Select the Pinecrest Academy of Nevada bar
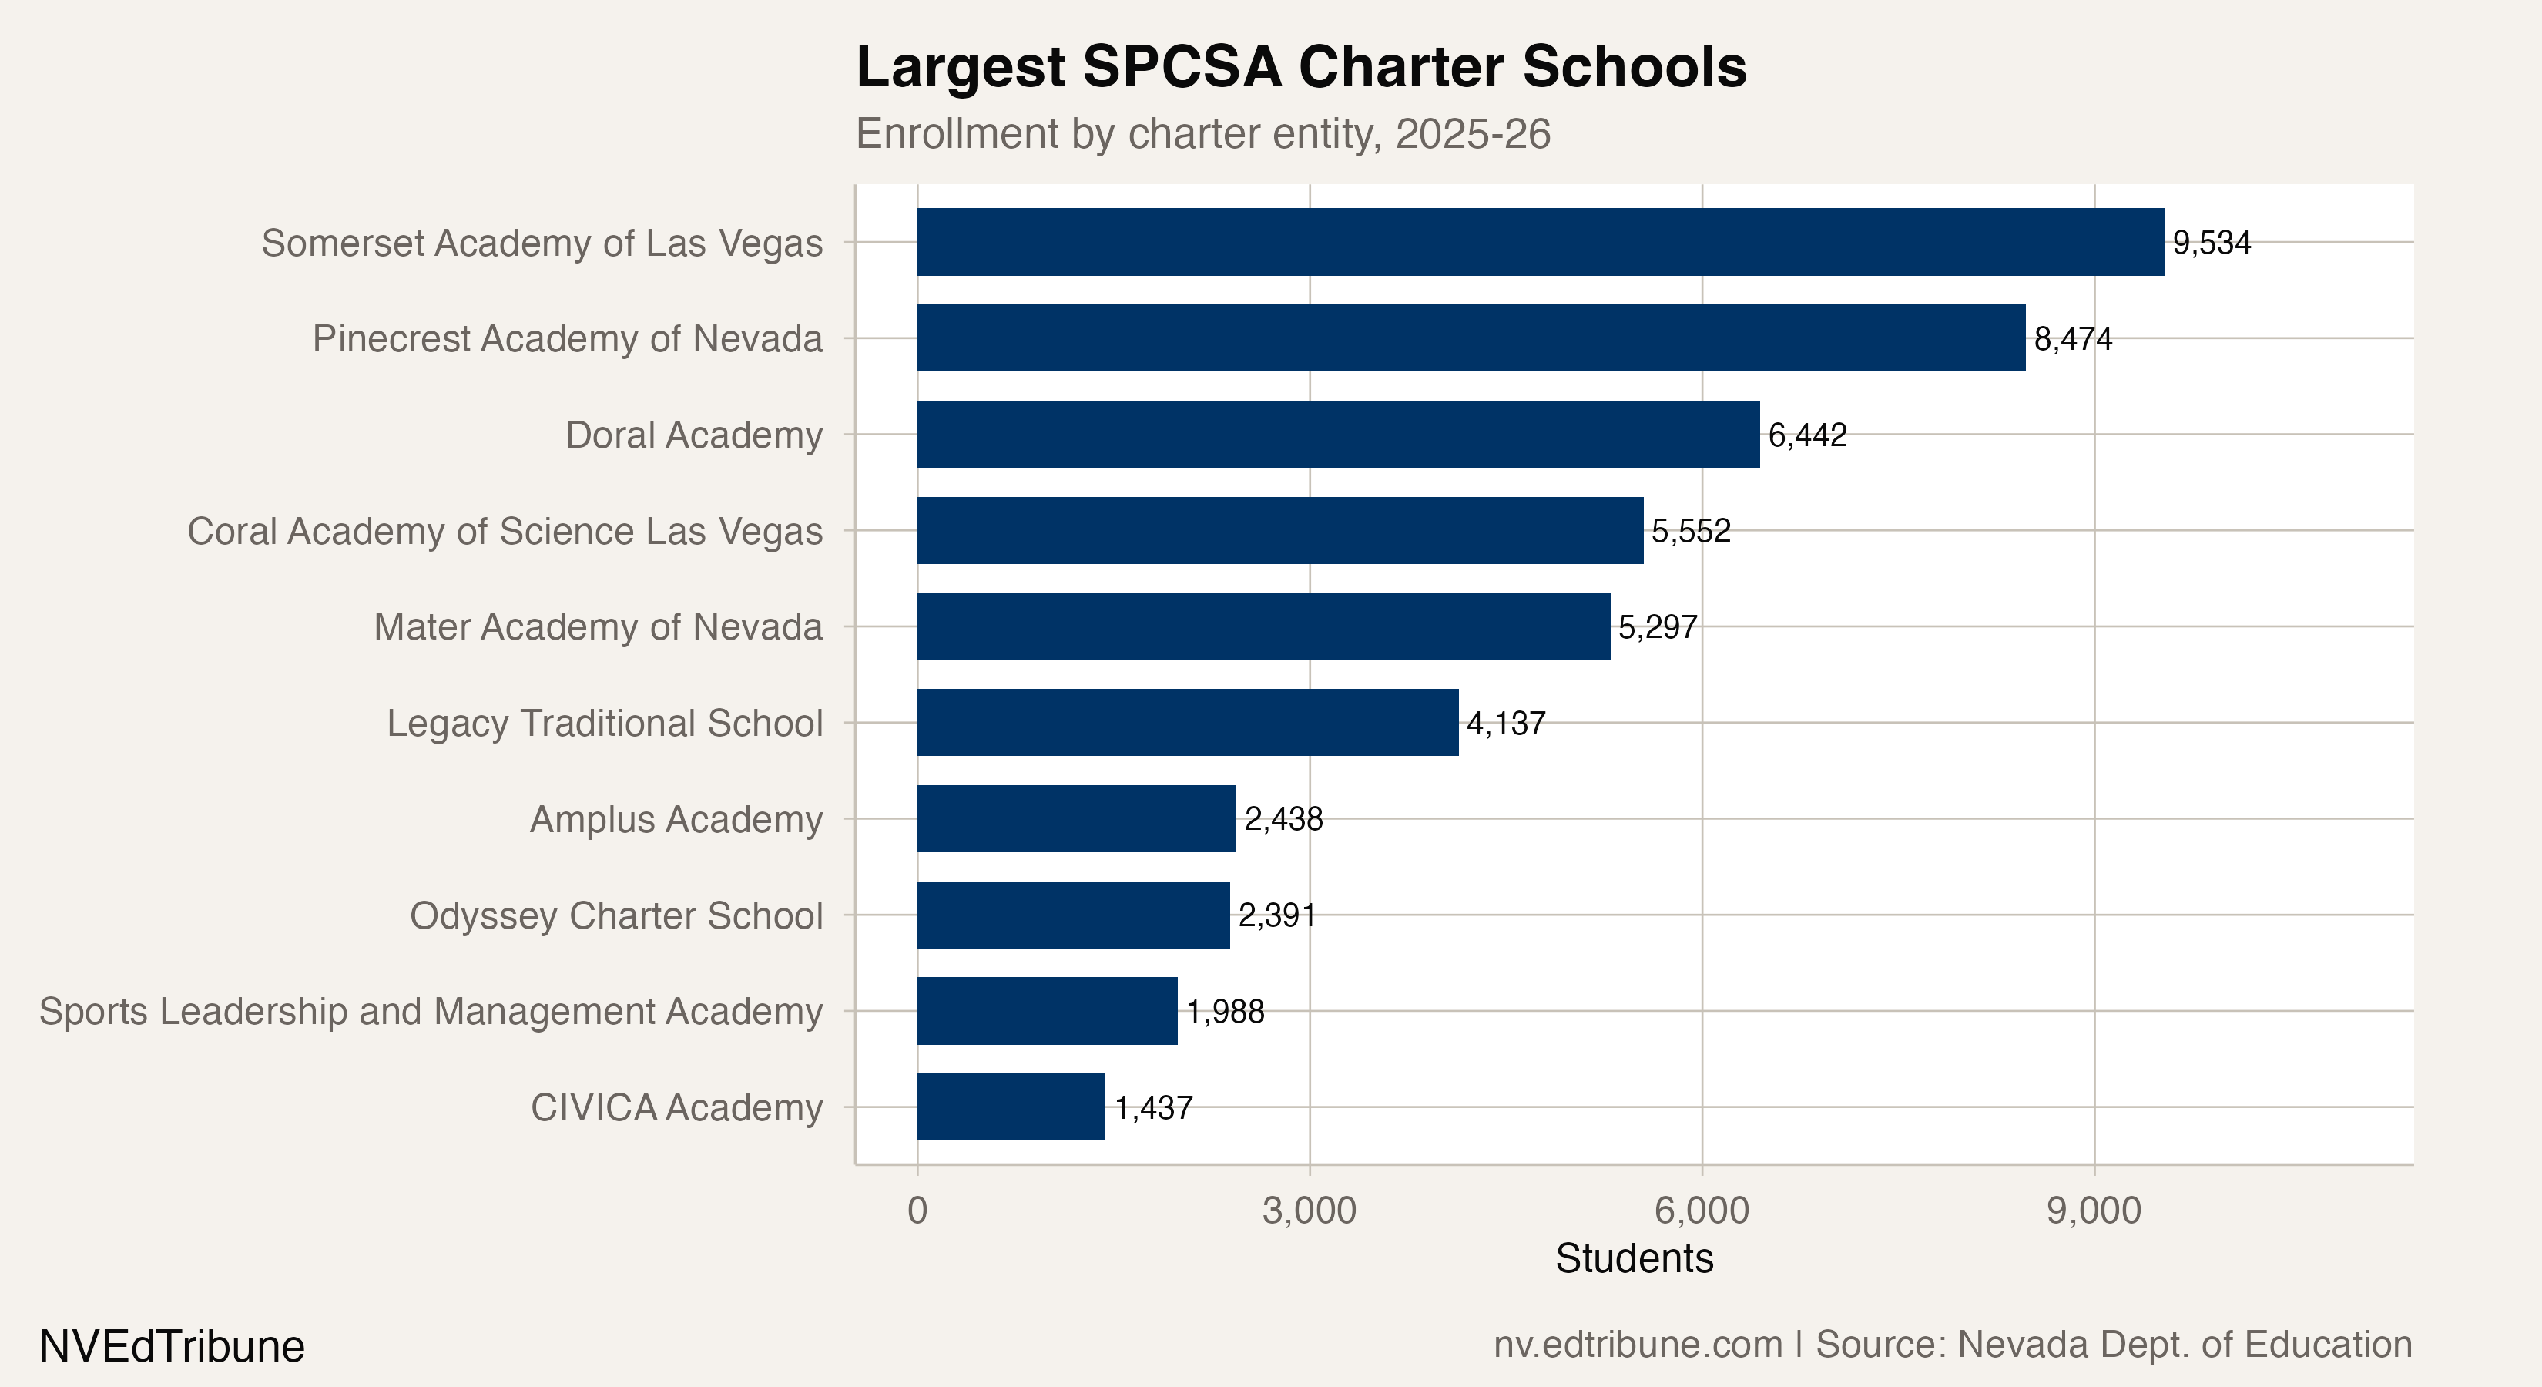click(x=1471, y=338)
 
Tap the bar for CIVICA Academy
click(x=1011, y=1107)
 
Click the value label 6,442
click(x=1807, y=435)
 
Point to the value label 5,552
click(x=1690, y=531)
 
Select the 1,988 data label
click(x=1225, y=1011)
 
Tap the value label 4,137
click(x=1506, y=724)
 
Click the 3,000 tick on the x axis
click(x=1309, y=1211)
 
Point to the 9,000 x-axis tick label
click(x=2093, y=1211)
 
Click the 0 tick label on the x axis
click(x=917, y=1211)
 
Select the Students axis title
click(x=1633, y=1258)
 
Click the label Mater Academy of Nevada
click(x=597, y=627)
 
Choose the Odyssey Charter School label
click(x=615, y=915)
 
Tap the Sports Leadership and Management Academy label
click(x=431, y=1011)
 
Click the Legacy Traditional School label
click(x=604, y=723)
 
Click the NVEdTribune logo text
click(x=172, y=1346)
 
